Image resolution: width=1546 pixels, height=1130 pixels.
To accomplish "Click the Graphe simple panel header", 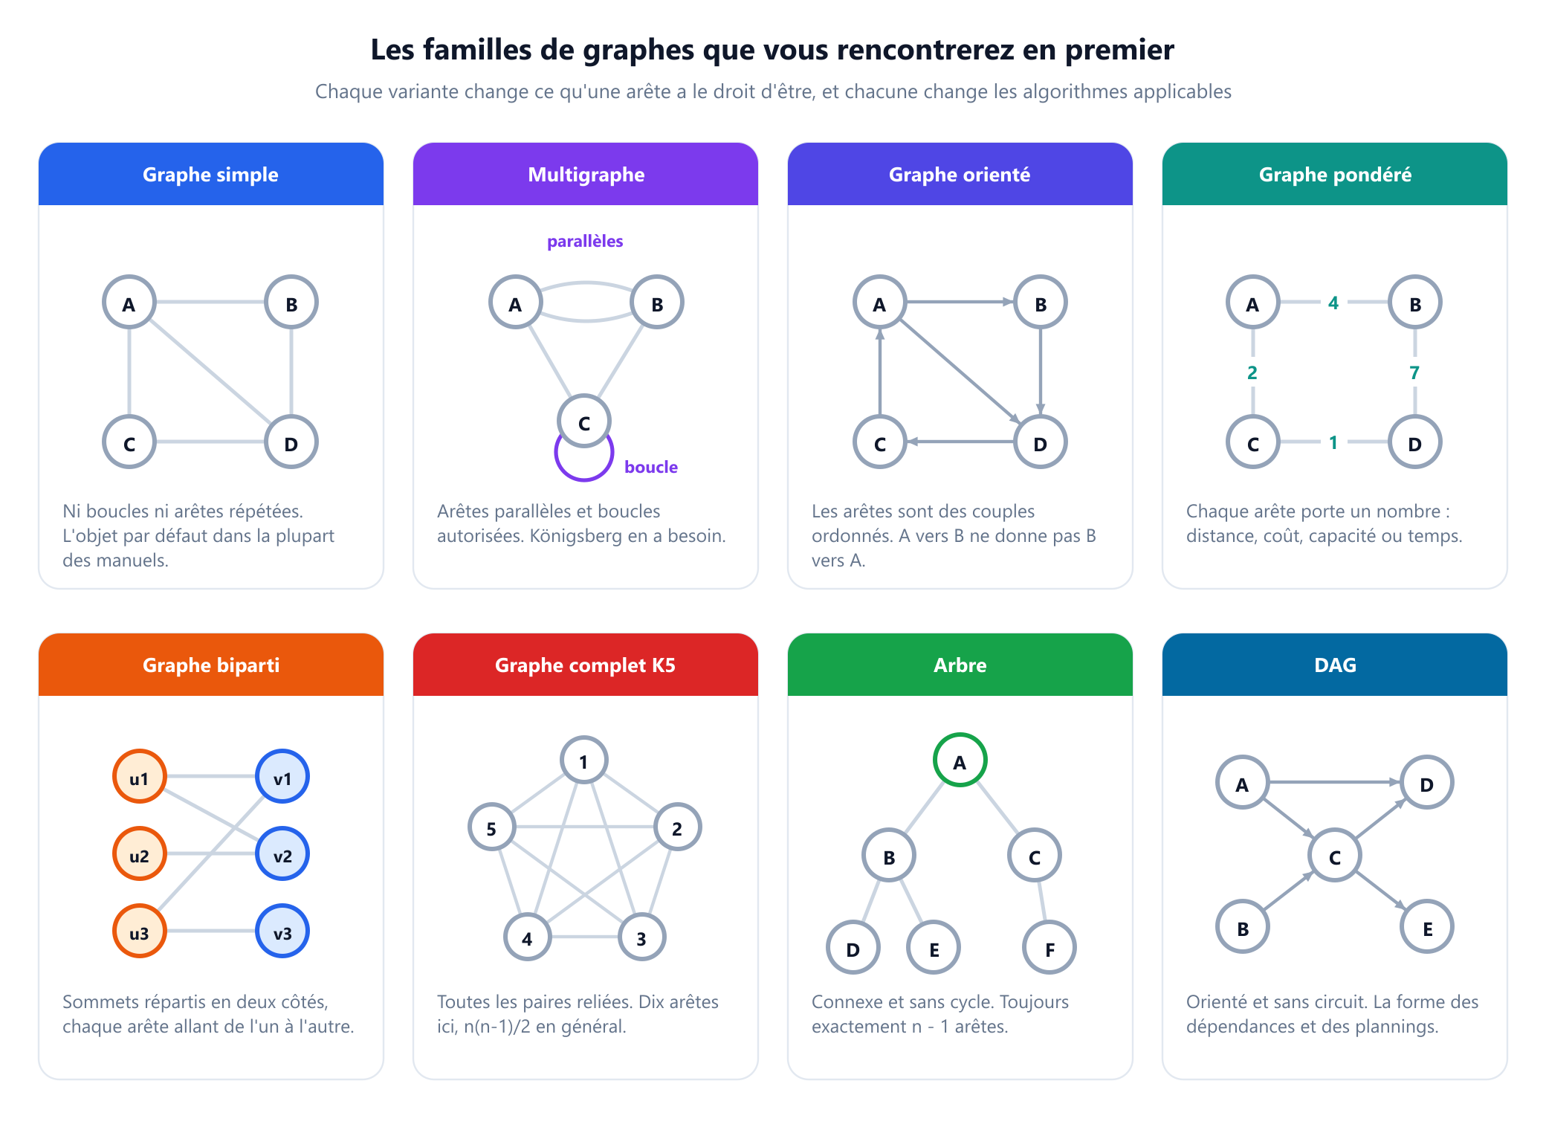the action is tap(211, 174).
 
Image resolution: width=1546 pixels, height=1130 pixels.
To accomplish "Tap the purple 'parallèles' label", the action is tap(585, 241).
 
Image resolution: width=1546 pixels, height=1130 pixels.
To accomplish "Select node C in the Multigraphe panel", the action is tap(584, 422).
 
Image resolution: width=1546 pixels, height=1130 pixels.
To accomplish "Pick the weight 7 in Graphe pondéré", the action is tap(1414, 372).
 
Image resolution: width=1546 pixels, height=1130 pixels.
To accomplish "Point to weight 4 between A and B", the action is tap(1333, 303).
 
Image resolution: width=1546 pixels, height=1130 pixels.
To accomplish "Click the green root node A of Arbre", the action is tap(960, 761).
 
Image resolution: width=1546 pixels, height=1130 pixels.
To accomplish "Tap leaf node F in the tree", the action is tap(1049, 948).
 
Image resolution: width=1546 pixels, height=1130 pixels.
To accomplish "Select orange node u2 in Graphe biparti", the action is tap(139, 854).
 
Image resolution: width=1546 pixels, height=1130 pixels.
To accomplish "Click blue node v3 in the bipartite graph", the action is tap(282, 932).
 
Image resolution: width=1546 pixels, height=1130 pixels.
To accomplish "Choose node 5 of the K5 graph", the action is tap(491, 827).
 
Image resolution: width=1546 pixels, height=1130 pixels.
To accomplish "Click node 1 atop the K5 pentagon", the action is tap(584, 761).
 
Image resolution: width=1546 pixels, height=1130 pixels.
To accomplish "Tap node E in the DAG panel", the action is tap(1427, 927).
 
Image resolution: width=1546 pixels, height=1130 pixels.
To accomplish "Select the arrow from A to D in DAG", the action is tap(1334, 782).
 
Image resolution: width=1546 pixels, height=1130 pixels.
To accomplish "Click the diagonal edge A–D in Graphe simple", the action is tap(210, 372).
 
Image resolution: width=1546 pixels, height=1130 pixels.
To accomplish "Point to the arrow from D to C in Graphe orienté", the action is tap(960, 442).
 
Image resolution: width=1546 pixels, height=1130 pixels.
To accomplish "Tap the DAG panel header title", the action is tap(1335, 665).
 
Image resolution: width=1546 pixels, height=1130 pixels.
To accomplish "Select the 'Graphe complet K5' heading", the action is tap(585, 665).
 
